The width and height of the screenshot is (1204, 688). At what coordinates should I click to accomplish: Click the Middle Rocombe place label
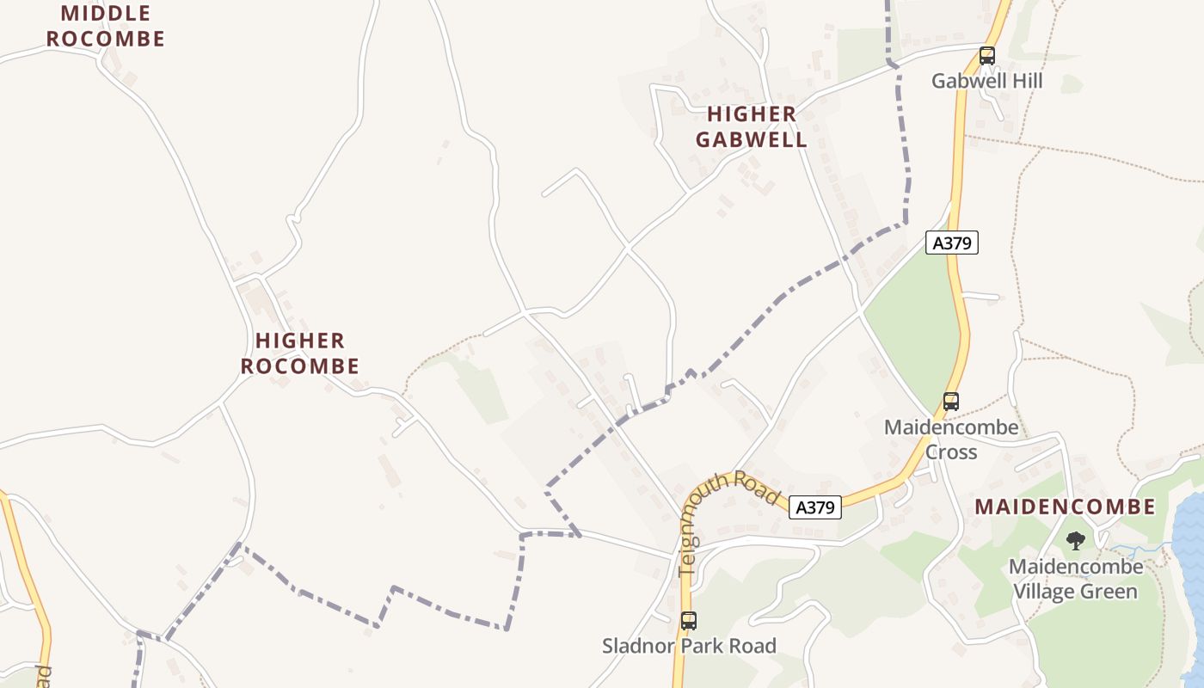pyautogui.click(x=105, y=26)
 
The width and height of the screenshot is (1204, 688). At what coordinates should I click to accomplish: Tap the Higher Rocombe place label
pyautogui.click(x=299, y=353)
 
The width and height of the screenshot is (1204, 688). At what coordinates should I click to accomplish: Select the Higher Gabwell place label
pyautogui.click(x=752, y=126)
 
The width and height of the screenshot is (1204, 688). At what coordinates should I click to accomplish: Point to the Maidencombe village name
pyautogui.click(x=1065, y=507)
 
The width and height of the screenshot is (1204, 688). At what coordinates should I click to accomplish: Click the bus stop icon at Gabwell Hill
pyautogui.click(x=986, y=57)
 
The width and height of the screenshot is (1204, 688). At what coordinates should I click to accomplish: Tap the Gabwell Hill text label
pyautogui.click(x=986, y=81)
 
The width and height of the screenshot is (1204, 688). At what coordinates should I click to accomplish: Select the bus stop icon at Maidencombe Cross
pyautogui.click(x=950, y=401)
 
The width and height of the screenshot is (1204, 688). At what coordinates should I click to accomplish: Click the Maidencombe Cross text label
pyautogui.click(x=951, y=439)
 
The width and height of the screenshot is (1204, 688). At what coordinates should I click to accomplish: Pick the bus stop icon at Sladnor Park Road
pyautogui.click(x=688, y=621)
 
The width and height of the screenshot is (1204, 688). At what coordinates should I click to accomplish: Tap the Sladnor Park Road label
pyautogui.click(x=688, y=646)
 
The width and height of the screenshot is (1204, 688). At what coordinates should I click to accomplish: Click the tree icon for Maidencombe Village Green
pyautogui.click(x=1075, y=541)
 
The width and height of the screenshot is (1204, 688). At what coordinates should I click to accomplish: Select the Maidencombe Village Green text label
pyautogui.click(x=1075, y=580)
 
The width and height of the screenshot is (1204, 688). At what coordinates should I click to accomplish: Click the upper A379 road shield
pyautogui.click(x=952, y=243)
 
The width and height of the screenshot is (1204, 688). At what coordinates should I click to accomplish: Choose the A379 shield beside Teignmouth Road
pyautogui.click(x=814, y=507)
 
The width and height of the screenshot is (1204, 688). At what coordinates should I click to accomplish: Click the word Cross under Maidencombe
pyautogui.click(x=951, y=451)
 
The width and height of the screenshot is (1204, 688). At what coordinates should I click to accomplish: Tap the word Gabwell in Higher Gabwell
pyautogui.click(x=752, y=139)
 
